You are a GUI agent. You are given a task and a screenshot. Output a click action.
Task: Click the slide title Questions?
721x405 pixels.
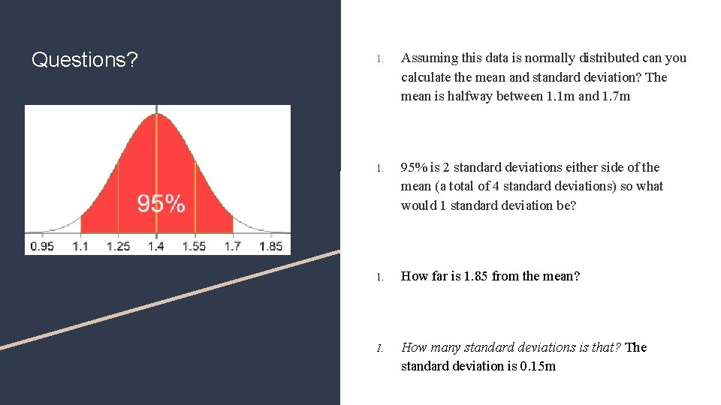pos(84,59)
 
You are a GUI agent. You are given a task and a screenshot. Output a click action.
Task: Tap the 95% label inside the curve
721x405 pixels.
pos(161,203)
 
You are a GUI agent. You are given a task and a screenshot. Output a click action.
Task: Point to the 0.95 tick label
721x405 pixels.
pos(42,246)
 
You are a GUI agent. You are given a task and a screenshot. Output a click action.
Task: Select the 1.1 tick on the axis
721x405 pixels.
pos(80,246)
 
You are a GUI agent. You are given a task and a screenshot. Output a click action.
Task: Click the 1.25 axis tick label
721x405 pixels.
pos(118,246)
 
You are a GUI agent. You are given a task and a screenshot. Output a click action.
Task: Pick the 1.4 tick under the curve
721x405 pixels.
pos(156,246)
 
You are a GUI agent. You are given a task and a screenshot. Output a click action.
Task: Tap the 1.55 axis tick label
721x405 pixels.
pos(194,246)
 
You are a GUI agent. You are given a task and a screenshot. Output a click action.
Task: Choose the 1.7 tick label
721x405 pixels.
pos(232,246)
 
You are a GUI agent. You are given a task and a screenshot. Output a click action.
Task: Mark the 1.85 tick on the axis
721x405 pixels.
pos(270,246)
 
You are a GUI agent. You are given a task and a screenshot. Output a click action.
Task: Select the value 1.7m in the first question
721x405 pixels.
pos(616,96)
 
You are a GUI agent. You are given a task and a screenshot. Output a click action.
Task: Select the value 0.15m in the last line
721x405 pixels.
pos(538,366)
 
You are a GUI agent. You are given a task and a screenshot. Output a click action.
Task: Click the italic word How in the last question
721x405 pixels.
pos(413,347)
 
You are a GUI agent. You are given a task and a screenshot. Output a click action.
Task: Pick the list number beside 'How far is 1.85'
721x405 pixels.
pos(380,277)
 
